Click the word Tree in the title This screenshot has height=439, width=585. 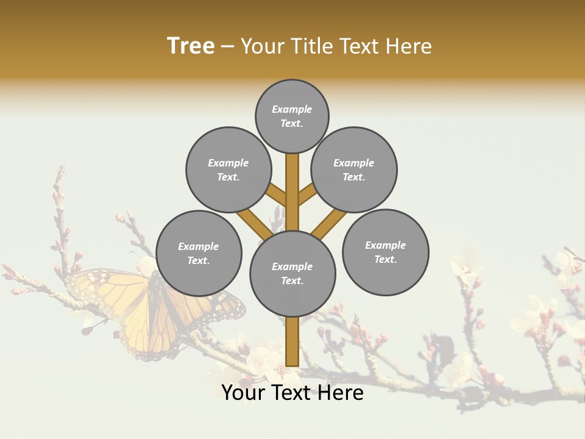[191, 46]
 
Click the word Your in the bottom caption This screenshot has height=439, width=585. [243, 393]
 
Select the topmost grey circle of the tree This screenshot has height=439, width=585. [292, 116]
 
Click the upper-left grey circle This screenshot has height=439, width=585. [229, 170]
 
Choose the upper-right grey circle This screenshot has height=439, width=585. [354, 170]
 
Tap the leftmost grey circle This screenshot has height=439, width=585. [199, 253]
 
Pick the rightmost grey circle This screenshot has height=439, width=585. [385, 252]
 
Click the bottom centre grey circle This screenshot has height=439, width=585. [292, 274]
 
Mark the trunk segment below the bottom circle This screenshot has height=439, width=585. [292, 341]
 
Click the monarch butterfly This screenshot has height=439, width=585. [152, 308]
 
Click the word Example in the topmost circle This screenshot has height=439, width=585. [292, 109]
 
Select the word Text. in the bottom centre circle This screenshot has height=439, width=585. [292, 281]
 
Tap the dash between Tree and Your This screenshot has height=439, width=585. [227, 46]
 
